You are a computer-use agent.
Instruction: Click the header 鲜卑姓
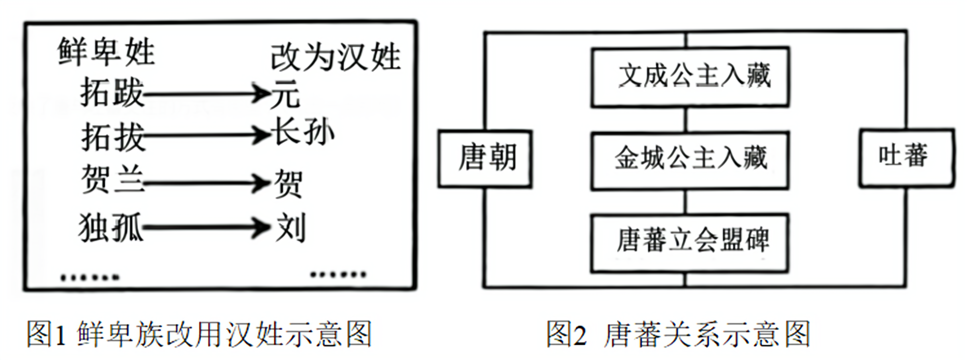point(106,52)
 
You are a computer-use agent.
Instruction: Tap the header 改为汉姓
point(335,58)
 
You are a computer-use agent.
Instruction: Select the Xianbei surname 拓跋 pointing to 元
point(112,93)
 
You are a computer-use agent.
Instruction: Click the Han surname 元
point(285,94)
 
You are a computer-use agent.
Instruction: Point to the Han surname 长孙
point(303,132)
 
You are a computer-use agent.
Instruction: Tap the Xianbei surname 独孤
point(111,227)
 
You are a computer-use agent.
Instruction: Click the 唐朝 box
point(485,158)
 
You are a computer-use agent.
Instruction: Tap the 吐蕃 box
point(906,157)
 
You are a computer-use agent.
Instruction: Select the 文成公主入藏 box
point(690,77)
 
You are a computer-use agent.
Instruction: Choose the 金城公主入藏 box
point(690,160)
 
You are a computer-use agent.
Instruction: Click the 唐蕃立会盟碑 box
point(690,242)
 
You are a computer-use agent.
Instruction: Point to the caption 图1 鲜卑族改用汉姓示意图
point(199,334)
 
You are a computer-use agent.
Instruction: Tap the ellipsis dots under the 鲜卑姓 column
point(90,277)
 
